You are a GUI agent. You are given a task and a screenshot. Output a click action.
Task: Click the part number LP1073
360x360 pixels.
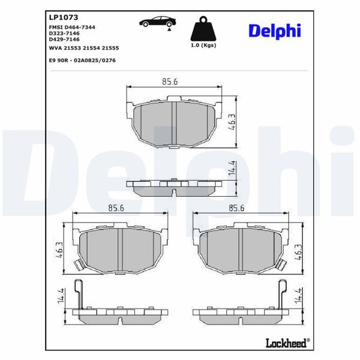coord(60,18)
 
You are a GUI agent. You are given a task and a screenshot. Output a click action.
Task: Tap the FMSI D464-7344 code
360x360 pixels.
coord(71,28)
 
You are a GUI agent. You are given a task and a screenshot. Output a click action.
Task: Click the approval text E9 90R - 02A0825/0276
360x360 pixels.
coord(82,61)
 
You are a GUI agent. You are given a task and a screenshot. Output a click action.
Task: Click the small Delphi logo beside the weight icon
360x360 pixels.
coord(274,30)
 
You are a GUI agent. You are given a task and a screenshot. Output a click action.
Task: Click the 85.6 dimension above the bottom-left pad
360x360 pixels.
coord(116,208)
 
